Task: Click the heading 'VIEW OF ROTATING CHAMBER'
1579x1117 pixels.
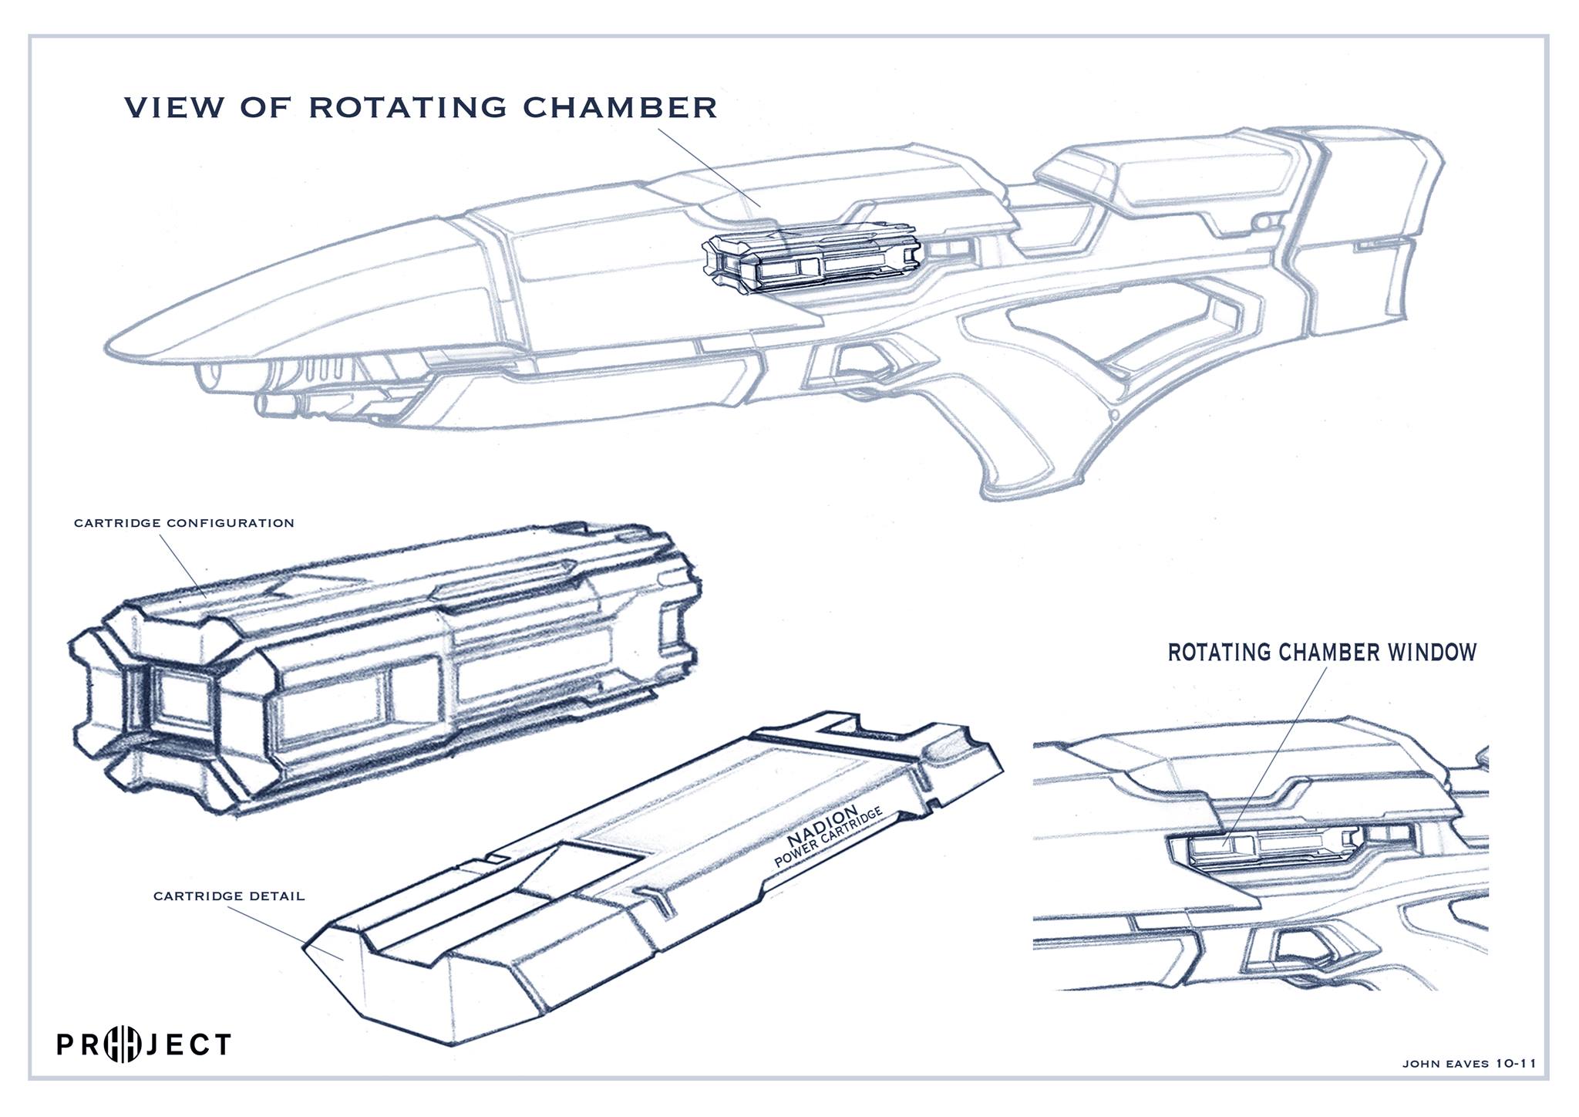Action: [x=421, y=107]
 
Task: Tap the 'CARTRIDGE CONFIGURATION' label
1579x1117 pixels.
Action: [x=184, y=523]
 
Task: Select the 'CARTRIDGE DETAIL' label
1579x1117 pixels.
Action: [x=229, y=896]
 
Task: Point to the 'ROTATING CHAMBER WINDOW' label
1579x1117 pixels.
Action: [x=1321, y=653]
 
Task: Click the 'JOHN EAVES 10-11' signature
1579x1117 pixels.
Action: [x=1469, y=1063]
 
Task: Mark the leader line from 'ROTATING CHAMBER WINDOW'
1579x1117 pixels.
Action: [x=1280, y=748]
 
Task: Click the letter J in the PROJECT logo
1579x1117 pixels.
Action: [x=153, y=1044]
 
